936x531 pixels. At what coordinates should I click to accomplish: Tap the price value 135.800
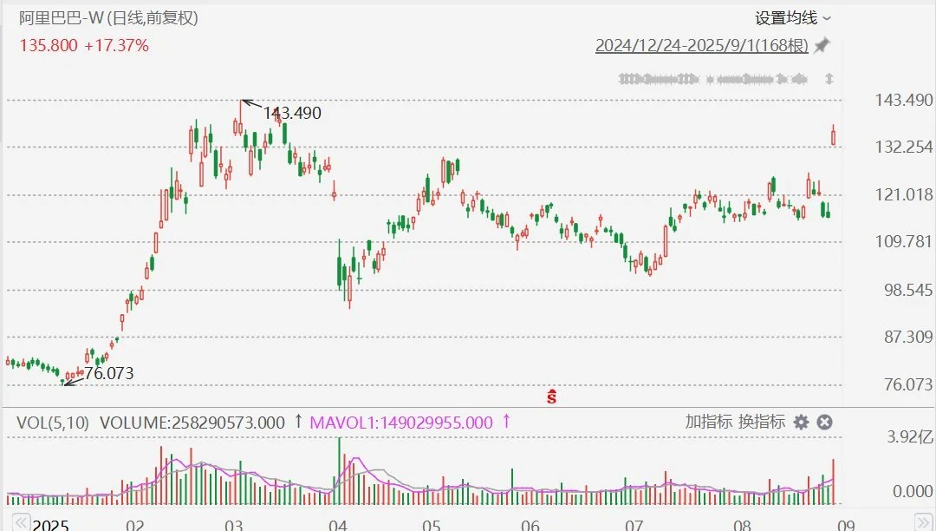point(49,45)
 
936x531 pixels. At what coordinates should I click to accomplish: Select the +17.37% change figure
point(116,45)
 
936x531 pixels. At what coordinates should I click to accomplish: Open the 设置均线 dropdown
point(792,18)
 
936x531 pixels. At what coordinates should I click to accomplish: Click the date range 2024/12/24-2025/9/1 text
point(701,46)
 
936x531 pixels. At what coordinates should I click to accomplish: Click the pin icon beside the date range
point(822,45)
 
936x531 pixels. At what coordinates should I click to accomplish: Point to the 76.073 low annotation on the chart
point(108,374)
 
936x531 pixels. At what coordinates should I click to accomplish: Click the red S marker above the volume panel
point(551,397)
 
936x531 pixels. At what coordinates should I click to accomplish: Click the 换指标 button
point(762,423)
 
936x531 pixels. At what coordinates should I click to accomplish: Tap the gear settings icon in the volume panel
point(802,423)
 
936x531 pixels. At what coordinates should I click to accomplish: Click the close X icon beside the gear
point(825,423)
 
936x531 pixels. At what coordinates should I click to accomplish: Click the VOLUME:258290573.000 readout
point(192,423)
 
